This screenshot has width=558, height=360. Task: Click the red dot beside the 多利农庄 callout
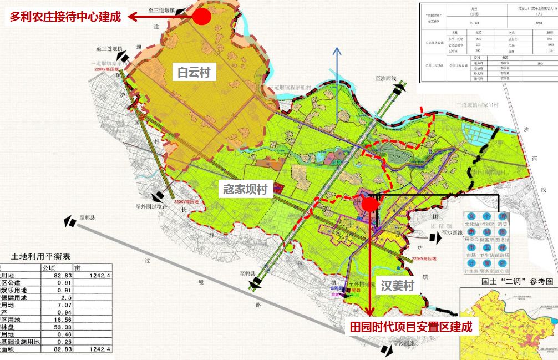coord(202,17)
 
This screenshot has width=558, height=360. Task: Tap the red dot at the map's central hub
coord(371,205)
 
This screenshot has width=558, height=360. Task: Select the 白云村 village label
coord(194,72)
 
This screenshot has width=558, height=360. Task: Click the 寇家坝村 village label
coord(245,189)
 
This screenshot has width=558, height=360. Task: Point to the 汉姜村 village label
coord(398,286)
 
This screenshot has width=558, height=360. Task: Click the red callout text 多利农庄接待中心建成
coord(64,17)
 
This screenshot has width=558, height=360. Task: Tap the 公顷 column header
coord(50,267)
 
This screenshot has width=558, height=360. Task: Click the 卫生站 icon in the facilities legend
coord(487,248)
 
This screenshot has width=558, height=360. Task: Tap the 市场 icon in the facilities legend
coord(471,248)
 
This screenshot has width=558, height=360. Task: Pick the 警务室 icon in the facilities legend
coord(487,263)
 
